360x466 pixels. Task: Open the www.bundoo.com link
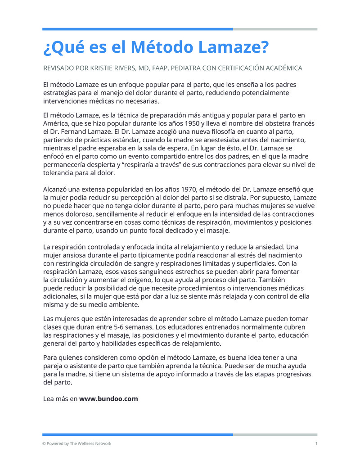(108, 398)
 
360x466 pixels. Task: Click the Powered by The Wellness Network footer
(77, 443)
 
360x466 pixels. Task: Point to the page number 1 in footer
(316, 443)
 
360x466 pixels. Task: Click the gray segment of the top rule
(275, 29)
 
